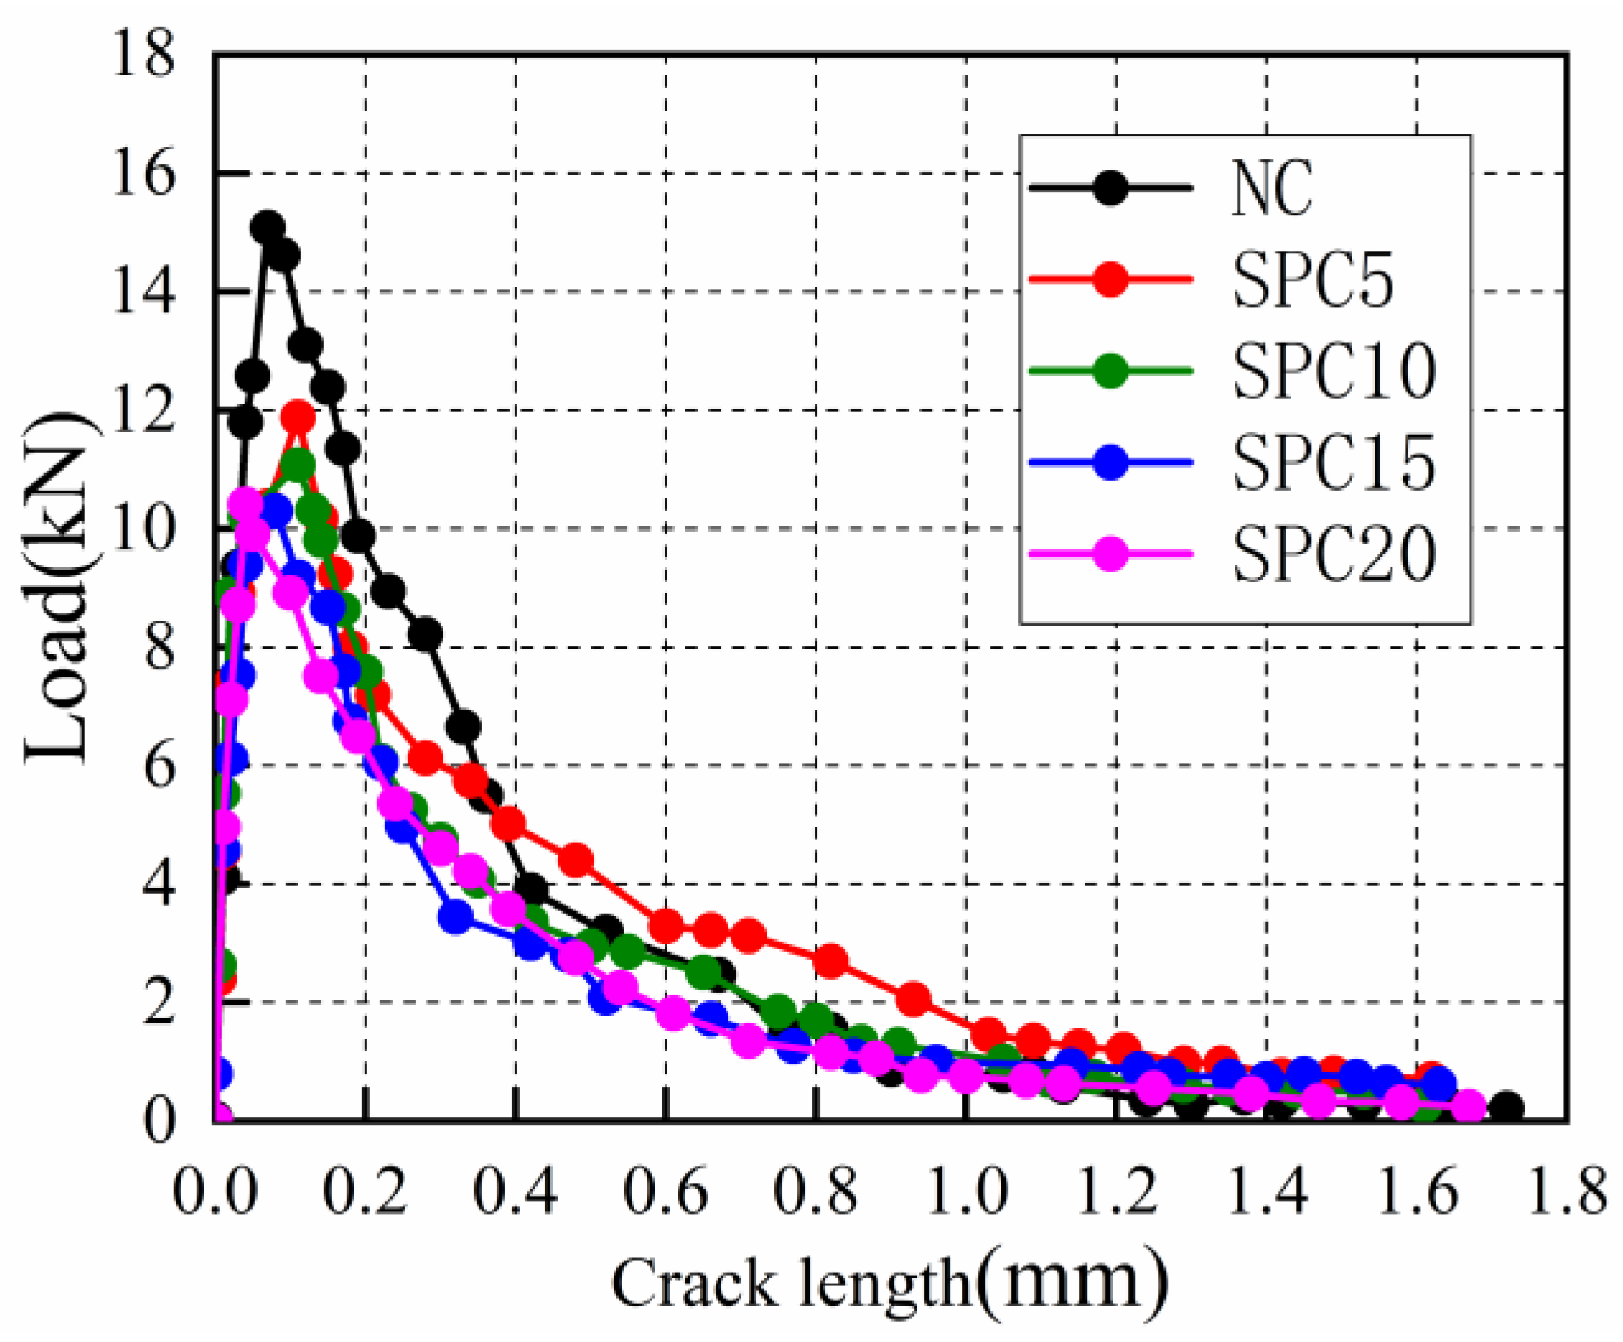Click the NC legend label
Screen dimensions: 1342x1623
[1271, 188]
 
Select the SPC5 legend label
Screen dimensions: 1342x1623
[1312, 280]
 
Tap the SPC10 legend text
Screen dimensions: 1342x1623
[1333, 371]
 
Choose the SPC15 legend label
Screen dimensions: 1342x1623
[1333, 463]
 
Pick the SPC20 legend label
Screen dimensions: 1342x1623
[1333, 554]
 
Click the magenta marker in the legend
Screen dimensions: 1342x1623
[1110, 554]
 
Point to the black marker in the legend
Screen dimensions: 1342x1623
[1110, 187]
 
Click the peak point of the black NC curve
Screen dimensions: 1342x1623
[267, 226]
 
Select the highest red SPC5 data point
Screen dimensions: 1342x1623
[298, 416]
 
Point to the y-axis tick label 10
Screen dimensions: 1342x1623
[143, 529]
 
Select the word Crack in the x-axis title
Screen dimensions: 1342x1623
[693, 1283]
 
